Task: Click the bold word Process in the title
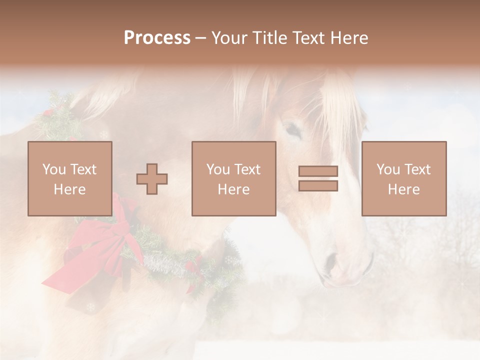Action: coord(157,38)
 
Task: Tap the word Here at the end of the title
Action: coord(348,38)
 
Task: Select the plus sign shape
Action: coord(152,179)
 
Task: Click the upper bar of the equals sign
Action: coord(318,171)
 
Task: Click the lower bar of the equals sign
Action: coord(318,186)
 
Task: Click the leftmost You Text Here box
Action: coord(69,178)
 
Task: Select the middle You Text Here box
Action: coord(233,178)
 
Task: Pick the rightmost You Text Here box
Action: coord(403,178)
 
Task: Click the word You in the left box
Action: coord(54,169)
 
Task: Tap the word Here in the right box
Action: coord(403,189)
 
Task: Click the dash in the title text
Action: coord(200,38)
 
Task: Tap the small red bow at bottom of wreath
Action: coord(192,270)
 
